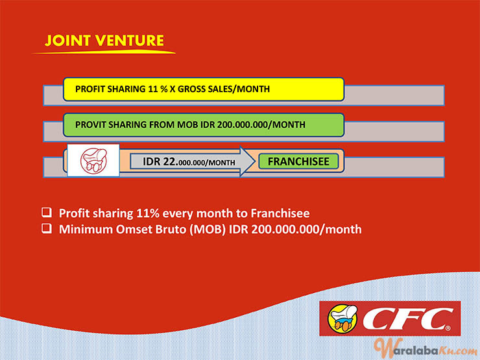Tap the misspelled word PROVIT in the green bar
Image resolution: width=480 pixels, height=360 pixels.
pyautogui.click(x=91, y=125)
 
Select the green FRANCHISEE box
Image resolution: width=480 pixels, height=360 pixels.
pyautogui.click(x=298, y=162)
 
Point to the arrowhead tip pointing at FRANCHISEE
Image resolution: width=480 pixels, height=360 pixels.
pyautogui.click(x=255, y=162)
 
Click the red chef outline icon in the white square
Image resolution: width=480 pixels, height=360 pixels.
pyautogui.click(x=93, y=160)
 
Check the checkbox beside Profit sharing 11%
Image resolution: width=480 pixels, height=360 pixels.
pyautogui.click(x=47, y=212)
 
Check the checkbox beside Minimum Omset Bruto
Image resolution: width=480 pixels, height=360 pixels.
pyautogui.click(x=47, y=228)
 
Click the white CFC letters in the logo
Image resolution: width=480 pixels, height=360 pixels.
pyautogui.click(x=407, y=319)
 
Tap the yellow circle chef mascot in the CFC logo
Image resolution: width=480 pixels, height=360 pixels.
pyautogui.click(x=342, y=318)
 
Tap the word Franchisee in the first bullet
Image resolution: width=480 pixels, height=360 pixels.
pyautogui.click(x=280, y=213)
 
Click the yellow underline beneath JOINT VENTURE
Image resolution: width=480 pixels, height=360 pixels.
pyautogui.click(x=104, y=52)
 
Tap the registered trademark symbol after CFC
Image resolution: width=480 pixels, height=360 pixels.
pyautogui.click(x=448, y=328)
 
